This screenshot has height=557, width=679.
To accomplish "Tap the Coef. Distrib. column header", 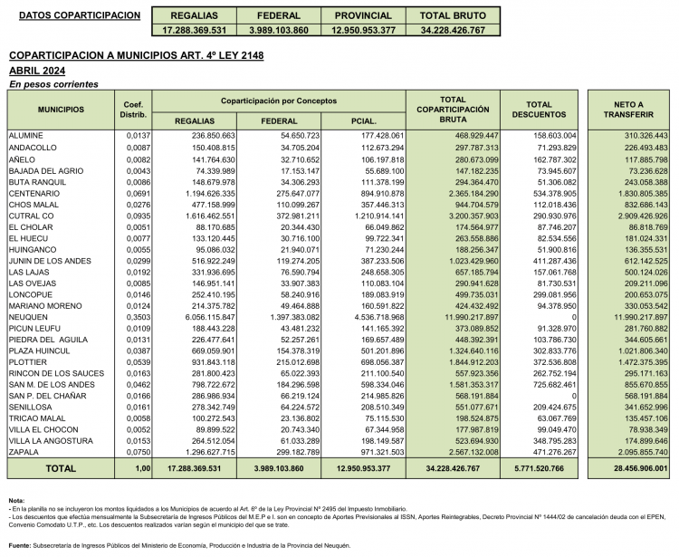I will (x=133, y=110).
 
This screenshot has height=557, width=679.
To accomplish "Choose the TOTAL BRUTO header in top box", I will (x=459, y=16).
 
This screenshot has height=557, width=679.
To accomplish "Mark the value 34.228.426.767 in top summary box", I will (x=459, y=30).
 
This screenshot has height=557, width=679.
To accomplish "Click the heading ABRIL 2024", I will (x=37, y=70).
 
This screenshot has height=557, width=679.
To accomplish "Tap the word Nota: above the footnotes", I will (x=16, y=501).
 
